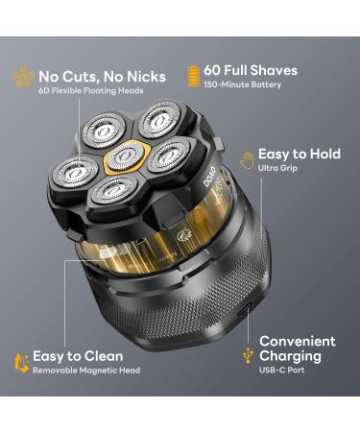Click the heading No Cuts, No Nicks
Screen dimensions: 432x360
click(x=103, y=76)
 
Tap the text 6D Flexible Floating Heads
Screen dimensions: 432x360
click(x=92, y=91)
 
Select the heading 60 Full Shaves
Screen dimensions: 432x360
click(x=252, y=70)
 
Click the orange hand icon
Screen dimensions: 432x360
click(x=247, y=157)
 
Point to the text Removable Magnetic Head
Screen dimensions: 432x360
click(x=86, y=371)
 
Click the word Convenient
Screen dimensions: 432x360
click(x=298, y=341)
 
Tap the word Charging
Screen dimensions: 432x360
click(x=290, y=356)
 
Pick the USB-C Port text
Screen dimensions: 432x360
click(x=281, y=372)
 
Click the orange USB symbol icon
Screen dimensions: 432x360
click(x=248, y=356)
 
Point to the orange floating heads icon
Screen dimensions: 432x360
click(x=22, y=79)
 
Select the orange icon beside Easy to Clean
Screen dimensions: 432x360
click(x=21, y=361)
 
